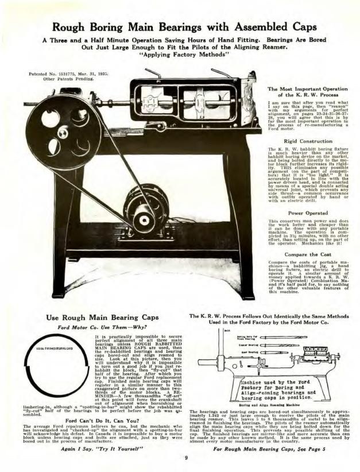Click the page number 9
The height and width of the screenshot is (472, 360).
[x=186, y=458]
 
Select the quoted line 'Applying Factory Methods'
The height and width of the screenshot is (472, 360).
[x=180, y=56]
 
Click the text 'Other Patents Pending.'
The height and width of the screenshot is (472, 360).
[x=64, y=80]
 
